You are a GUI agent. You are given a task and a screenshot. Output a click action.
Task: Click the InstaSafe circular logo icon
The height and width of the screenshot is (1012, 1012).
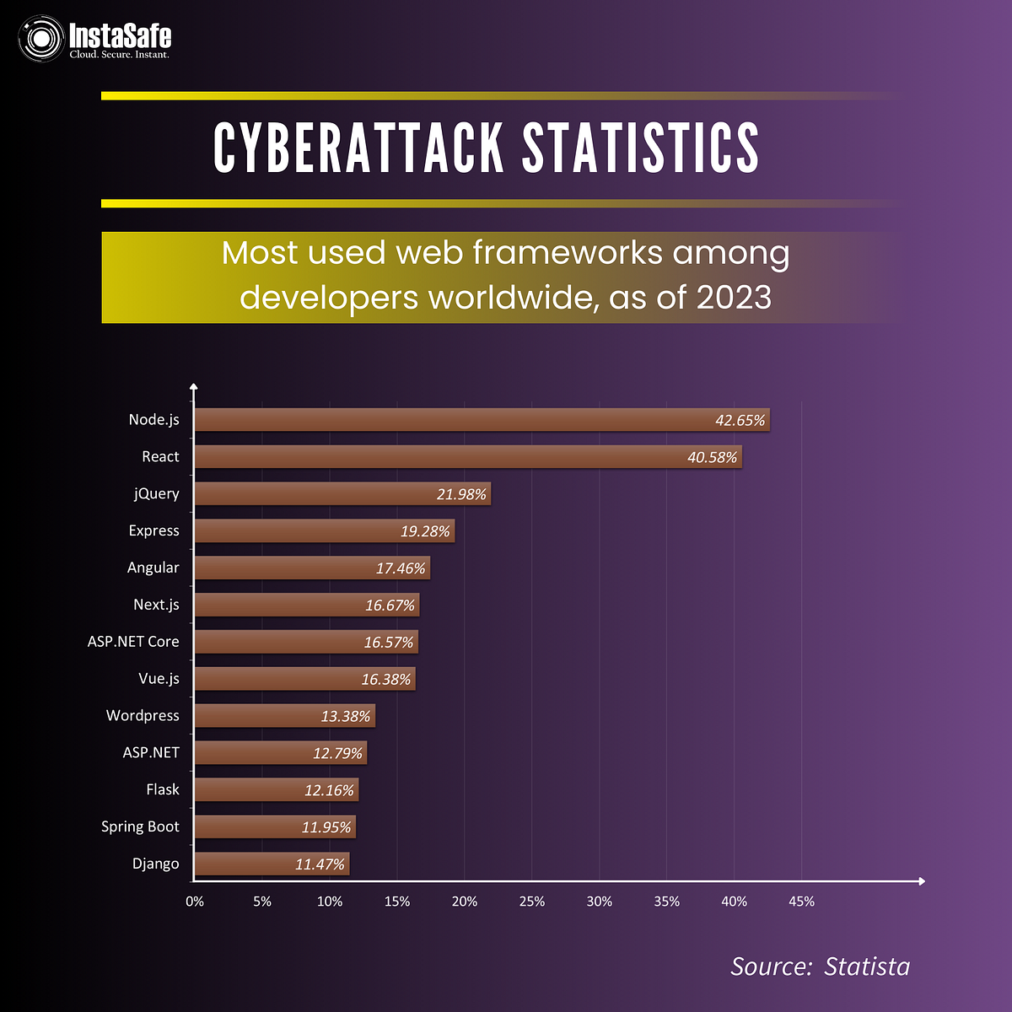(41, 39)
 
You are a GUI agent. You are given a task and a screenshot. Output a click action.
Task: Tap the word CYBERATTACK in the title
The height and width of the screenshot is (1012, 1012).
(358, 148)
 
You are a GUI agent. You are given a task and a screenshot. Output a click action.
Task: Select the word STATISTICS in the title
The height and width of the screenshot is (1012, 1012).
(641, 148)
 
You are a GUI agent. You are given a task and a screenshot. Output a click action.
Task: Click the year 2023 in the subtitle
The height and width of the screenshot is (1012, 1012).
(734, 298)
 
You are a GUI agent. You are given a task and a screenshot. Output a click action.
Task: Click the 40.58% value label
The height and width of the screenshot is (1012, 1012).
(713, 458)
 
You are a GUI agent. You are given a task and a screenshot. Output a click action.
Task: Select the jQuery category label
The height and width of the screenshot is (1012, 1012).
(157, 494)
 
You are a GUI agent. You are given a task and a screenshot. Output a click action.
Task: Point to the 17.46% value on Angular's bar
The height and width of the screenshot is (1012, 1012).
(401, 568)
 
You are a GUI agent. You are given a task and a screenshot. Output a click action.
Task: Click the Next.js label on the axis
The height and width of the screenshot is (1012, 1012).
(156, 605)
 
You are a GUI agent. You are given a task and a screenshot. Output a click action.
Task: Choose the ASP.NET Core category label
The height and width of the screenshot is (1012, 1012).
(133, 642)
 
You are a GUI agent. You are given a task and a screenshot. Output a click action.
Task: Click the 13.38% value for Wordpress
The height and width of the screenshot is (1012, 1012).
(346, 717)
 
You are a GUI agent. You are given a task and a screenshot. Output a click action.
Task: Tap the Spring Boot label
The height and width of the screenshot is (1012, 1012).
(140, 826)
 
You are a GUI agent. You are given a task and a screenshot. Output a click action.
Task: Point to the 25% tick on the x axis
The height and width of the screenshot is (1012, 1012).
(532, 902)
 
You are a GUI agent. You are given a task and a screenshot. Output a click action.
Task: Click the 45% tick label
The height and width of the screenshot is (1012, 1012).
(801, 902)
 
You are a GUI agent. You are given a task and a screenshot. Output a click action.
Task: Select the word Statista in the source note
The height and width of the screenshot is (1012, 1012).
(867, 966)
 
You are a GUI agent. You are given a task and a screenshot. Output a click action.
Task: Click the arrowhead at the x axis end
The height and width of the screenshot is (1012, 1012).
(921, 881)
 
